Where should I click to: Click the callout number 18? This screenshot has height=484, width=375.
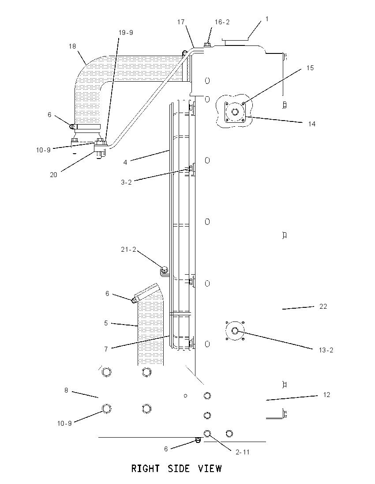tap(72, 46)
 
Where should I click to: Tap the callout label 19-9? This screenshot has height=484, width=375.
tap(126, 32)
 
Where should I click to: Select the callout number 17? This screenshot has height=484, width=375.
tap(181, 22)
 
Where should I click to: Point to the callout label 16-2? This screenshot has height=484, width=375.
tap(222, 22)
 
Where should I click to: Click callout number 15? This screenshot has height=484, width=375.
tap(310, 68)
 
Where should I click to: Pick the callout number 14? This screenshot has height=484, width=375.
tap(312, 124)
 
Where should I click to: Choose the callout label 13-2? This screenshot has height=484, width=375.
tap(326, 350)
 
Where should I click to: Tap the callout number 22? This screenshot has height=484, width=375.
tap(323, 306)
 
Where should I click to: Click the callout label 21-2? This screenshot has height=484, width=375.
tap(128, 250)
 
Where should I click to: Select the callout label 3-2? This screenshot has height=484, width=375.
tap(126, 182)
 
